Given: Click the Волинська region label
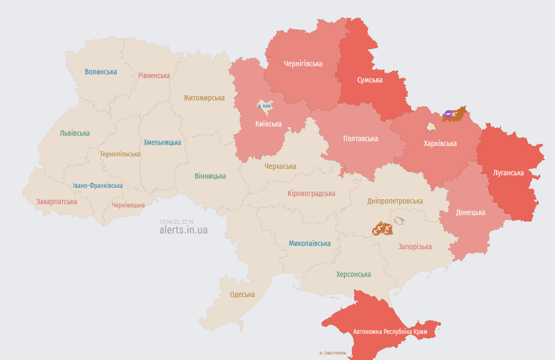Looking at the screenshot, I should pos(100,72).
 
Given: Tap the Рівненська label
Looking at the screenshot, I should pos(154,75).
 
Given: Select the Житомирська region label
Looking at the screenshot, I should pos(204,98).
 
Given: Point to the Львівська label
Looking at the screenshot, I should pos(75,133).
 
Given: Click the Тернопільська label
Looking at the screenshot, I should pos(120,154).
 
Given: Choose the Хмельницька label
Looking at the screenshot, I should pos(162,142).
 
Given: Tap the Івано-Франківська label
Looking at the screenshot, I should pos(98,186).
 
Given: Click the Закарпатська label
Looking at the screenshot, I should pos(56,201).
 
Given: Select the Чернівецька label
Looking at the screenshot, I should pos(128,205).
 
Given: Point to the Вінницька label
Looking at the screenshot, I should pos(210,176).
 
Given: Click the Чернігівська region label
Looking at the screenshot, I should pos(303,64).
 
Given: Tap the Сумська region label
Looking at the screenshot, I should pos(370,80).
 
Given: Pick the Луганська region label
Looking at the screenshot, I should pos(508,173).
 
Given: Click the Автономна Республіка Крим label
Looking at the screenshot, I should pos(390,331).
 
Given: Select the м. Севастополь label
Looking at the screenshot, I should pos(333,353).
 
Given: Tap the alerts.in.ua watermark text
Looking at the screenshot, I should pos(183,230).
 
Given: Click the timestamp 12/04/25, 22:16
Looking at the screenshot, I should pos(176,222).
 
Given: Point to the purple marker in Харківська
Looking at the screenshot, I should pos(448,113).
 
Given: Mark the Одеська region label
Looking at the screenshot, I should pos(242,294).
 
